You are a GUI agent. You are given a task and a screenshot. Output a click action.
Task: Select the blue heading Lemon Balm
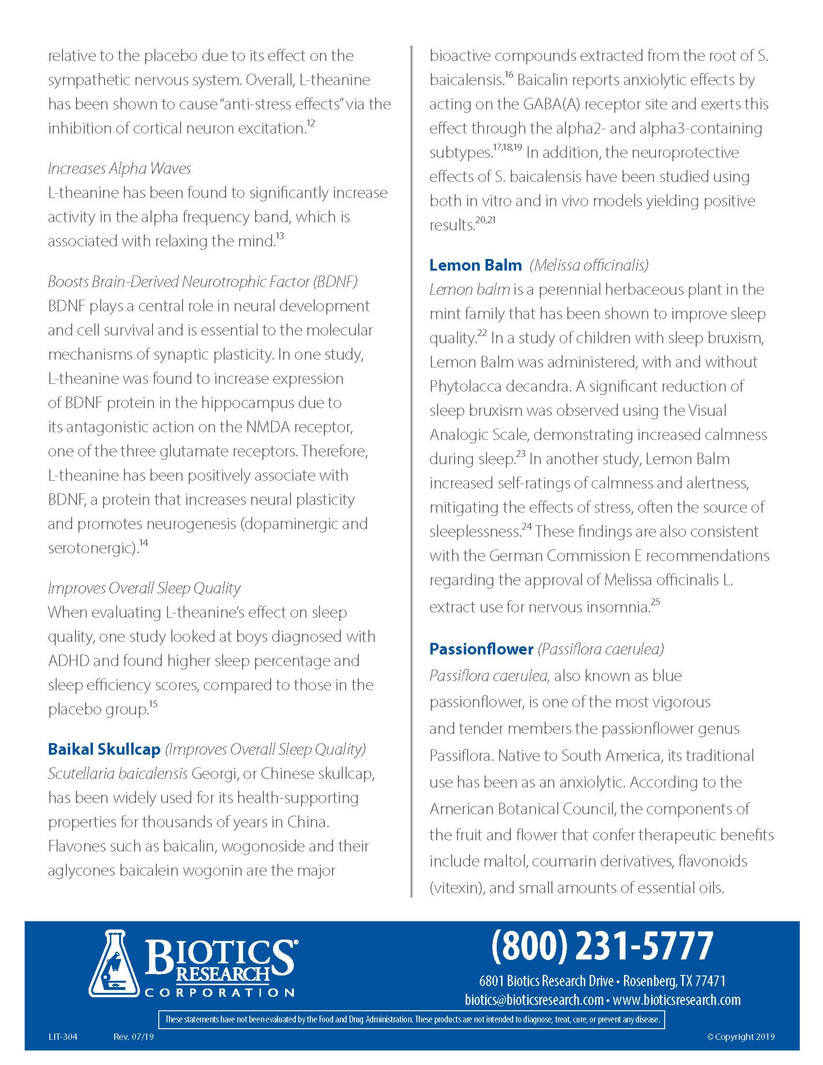(475, 265)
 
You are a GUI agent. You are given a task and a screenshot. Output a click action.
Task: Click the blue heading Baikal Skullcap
(104, 749)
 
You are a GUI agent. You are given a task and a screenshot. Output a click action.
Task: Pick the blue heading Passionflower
(481, 649)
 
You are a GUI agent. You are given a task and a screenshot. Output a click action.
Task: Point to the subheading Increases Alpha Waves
(119, 168)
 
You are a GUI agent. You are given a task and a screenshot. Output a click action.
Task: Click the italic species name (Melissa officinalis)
(589, 265)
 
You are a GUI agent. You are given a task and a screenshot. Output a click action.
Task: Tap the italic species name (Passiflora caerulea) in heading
(601, 649)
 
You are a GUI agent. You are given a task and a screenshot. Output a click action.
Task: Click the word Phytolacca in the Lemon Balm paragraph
(465, 386)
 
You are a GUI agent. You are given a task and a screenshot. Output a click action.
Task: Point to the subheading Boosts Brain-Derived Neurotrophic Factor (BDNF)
(202, 281)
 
